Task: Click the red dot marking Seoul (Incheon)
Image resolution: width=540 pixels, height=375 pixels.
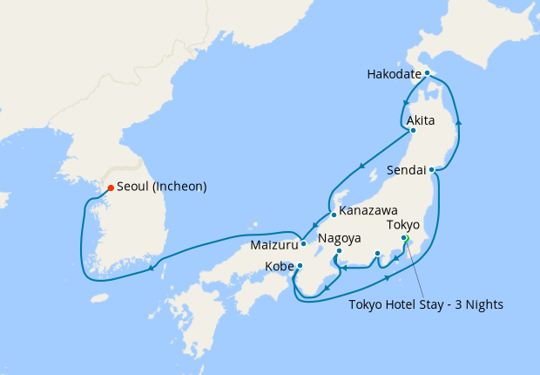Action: point(110,187)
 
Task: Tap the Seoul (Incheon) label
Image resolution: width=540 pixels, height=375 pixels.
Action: point(161,187)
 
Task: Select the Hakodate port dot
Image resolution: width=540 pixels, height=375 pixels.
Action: point(427,73)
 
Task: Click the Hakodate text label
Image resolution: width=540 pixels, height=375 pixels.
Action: point(395,74)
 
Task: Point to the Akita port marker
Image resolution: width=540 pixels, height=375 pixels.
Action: point(413,132)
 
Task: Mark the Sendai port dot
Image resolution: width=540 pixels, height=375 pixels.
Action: point(431,170)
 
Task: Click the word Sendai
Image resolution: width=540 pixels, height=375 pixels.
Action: point(405,170)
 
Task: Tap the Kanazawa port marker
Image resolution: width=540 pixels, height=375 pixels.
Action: point(333,215)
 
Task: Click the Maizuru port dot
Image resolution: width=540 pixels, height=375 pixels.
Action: point(303,243)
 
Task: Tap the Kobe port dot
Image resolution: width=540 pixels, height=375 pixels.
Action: point(300,266)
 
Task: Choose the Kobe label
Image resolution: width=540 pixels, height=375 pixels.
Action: point(278,266)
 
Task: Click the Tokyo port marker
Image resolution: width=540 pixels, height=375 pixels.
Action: point(404,238)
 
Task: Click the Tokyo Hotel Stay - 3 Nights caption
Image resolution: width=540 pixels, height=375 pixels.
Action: point(426,304)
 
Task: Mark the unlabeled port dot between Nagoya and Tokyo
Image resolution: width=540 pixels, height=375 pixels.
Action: point(377,254)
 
